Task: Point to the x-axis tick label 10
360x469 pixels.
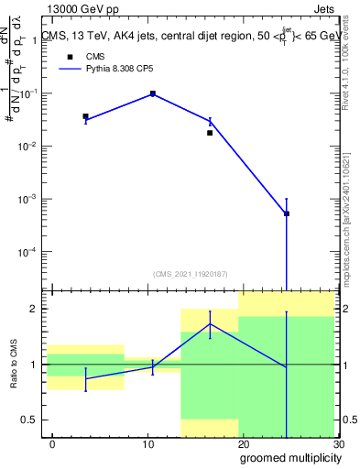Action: (147, 444)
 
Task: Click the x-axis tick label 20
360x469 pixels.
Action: (243, 444)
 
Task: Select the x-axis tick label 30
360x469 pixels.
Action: (337, 444)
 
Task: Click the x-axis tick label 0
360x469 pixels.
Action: (52, 444)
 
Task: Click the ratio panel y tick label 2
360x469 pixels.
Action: (32, 309)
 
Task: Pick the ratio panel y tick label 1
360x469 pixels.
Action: (32, 365)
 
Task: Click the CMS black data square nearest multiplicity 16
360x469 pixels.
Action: (210, 133)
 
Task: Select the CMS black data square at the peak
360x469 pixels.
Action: (153, 93)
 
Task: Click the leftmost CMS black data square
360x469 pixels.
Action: (85, 116)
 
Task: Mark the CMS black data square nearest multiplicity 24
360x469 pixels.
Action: (287, 213)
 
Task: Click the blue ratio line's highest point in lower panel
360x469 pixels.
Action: (210, 323)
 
